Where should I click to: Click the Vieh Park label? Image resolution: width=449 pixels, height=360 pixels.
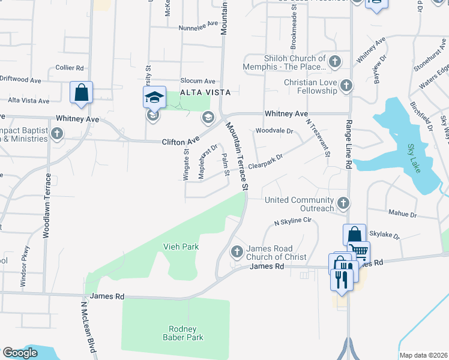[181, 247]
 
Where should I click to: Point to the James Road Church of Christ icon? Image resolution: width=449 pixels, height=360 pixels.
[237, 251]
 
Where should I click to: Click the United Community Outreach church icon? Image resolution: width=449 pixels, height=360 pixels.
[343, 203]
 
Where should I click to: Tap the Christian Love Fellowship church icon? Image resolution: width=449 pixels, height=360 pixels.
[346, 86]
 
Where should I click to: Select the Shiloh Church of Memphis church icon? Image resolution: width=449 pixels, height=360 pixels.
[334, 61]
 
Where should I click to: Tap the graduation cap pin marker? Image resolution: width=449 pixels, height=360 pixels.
[154, 97]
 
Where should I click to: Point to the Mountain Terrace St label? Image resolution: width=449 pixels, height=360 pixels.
[237, 155]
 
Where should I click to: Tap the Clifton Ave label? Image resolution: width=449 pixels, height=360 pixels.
[180, 142]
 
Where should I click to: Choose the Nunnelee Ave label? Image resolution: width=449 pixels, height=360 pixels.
[198, 27]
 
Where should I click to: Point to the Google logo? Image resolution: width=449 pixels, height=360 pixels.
[20, 353]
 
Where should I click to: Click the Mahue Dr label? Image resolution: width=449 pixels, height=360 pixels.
[402, 214]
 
